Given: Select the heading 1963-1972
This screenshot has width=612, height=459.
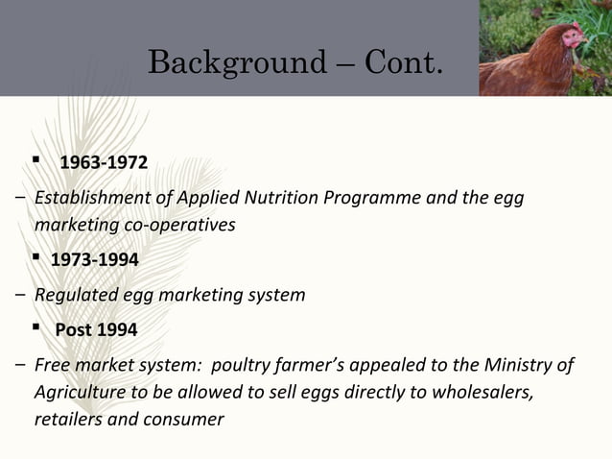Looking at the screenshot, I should [104, 161].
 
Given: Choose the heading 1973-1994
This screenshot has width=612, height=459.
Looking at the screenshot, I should [94, 260].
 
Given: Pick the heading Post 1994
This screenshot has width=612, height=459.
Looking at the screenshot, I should [96, 329].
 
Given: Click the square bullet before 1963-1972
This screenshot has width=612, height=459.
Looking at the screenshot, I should [35, 159].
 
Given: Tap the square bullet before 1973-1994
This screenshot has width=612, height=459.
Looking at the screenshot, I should [35, 258].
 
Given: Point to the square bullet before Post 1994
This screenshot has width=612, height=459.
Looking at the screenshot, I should [35, 327].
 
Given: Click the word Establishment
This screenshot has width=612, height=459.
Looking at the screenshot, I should [87, 199].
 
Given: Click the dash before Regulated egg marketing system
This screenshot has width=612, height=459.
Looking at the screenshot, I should [20, 295].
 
